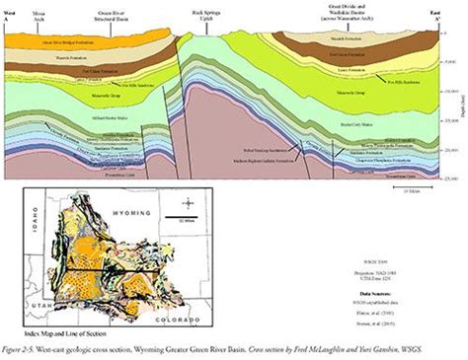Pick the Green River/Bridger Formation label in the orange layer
[59, 43]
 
